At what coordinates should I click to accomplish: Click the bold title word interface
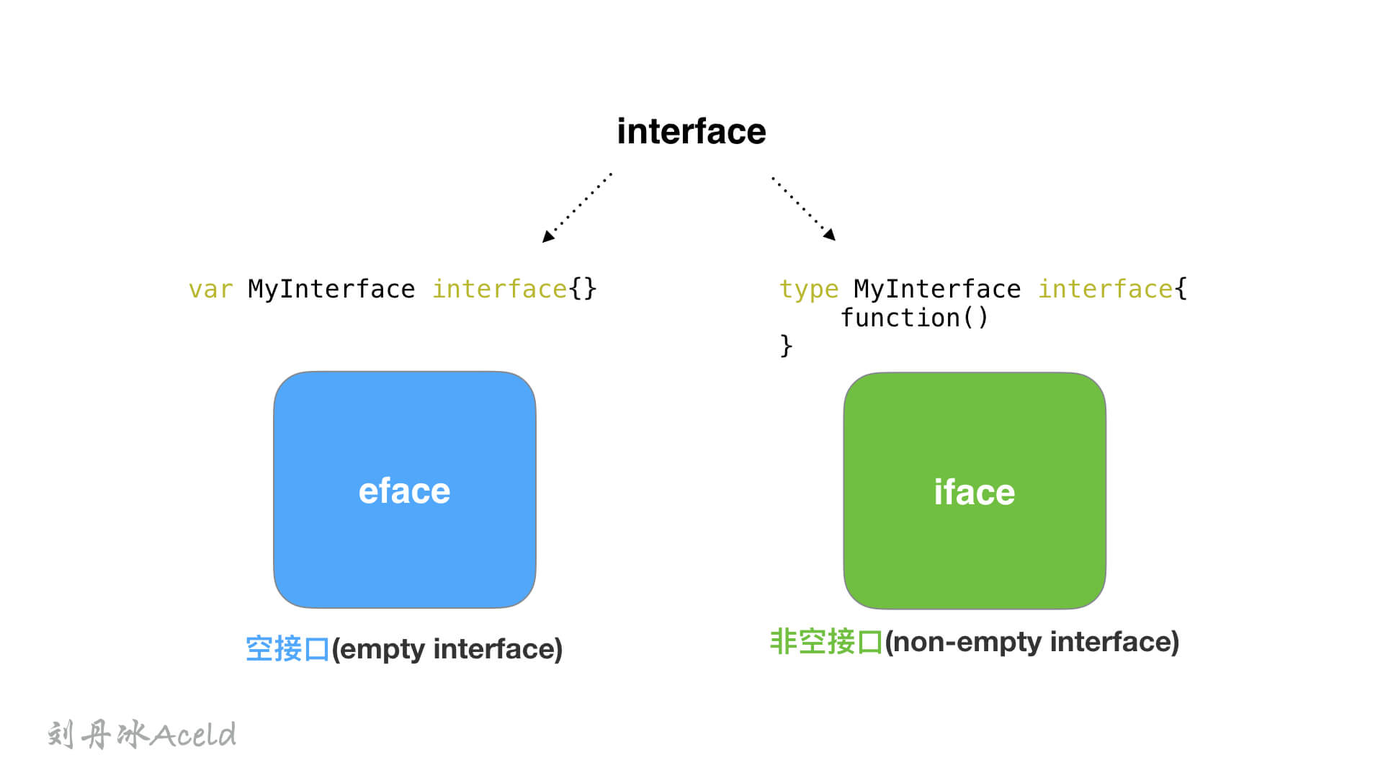click(691, 131)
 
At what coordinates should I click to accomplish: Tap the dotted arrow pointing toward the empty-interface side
click(577, 207)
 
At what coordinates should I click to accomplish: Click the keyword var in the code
click(210, 290)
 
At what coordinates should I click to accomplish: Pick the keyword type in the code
click(809, 290)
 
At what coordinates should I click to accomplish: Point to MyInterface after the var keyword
click(331, 290)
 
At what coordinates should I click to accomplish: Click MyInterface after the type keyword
click(937, 290)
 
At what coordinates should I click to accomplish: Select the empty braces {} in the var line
click(583, 290)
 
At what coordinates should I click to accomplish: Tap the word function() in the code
click(915, 318)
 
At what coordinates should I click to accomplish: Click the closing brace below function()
click(786, 346)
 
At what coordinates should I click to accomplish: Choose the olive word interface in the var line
click(500, 290)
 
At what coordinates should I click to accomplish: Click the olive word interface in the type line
click(1106, 290)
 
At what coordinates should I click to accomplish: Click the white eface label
click(405, 491)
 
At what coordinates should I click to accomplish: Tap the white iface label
click(975, 493)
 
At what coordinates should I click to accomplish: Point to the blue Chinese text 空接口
click(287, 649)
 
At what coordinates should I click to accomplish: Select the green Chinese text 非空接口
click(826, 642)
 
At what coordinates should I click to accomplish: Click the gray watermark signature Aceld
click(194, 735)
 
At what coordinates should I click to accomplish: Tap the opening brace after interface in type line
click(1181, 290)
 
